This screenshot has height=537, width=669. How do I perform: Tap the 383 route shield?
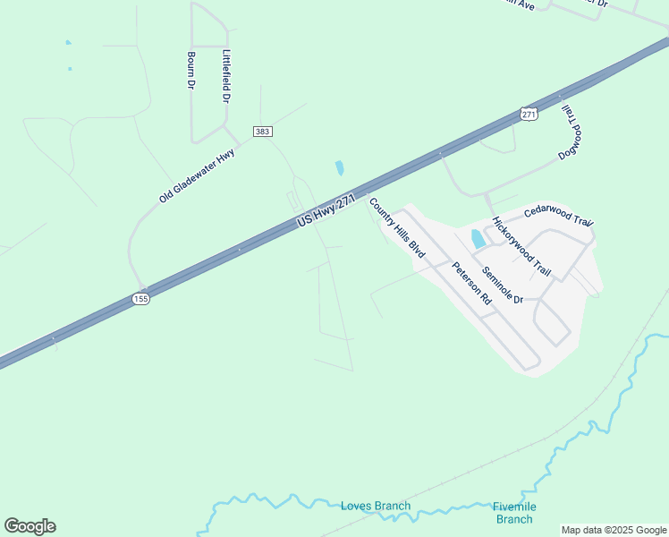click(x=263, y=132)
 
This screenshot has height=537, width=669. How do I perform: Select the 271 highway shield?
click(x=529, y=115)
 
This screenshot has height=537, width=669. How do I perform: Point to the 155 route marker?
click(x=140, y=299)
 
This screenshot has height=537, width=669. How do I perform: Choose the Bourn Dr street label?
click(x=191, y=70)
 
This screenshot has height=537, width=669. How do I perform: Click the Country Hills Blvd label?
click(x=396, y=228)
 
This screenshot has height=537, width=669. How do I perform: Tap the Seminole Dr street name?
click(x=502, y=285)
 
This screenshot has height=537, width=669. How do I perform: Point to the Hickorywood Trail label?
click(x=521, y=244)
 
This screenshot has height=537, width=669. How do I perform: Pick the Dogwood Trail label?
click(x=571, y=132)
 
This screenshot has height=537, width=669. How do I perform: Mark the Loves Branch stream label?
click(x=376, y=507)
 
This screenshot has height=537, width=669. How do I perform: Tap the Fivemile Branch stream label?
click(x=514, y=513)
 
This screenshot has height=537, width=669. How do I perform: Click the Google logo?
click(x=30, y=526)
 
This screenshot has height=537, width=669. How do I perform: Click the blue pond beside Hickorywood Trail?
click(x=478, y=239)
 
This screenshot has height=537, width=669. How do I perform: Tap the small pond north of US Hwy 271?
click(x=339, y=167)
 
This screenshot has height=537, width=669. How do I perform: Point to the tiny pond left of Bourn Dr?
click(x=68, y=42)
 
